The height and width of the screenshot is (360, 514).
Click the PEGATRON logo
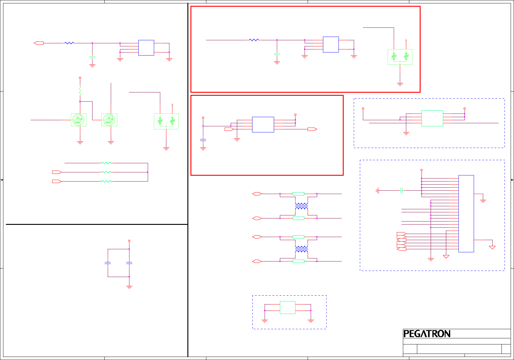coord(427,334)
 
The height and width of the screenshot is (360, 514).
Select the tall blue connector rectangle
coord(466,214)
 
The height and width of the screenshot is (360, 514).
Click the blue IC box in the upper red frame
coord(331,45)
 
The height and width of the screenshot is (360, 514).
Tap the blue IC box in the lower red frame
coord(263,124)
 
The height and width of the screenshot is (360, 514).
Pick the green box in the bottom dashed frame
coord(288,308)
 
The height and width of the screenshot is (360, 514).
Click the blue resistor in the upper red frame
coord(254,40)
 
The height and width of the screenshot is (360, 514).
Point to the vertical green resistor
coord(80,91)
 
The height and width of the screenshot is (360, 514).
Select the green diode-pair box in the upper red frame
coord(400,57)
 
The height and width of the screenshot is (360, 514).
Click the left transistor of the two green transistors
coord(78,120)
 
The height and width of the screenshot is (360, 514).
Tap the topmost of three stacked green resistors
coord(106,163)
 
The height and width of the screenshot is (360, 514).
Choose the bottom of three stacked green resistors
coord(106,182)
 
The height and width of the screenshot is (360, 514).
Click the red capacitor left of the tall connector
coord(402,191)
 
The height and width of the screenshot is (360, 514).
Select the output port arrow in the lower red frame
coord(312,129)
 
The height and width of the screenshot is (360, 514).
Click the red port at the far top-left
coord(38,43)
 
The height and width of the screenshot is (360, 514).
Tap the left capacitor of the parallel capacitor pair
coord(108,263)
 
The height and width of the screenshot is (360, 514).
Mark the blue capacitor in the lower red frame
coord(203,140)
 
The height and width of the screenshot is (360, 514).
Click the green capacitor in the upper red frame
coord(277,54)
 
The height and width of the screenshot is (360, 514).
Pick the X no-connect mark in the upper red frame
coord(406,40)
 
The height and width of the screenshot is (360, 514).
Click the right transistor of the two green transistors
coord(109,120)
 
